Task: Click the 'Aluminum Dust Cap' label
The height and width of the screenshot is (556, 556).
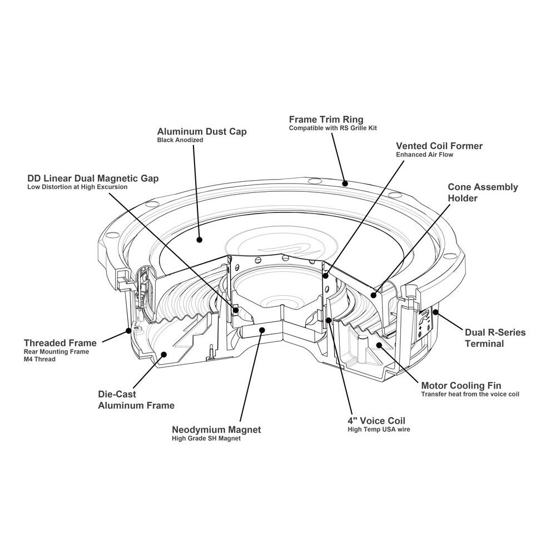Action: coord(202,132)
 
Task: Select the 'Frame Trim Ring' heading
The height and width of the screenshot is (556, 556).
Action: coord(326,120)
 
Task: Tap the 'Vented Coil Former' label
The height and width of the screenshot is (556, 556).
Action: coord(439,146)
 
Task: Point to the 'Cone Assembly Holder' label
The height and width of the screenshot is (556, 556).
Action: coord(483,192)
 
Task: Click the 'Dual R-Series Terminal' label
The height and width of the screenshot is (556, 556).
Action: coord(495,338)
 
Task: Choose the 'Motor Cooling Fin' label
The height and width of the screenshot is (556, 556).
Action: coord(461,385)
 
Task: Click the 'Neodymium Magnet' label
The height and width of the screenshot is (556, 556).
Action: coord(216,430)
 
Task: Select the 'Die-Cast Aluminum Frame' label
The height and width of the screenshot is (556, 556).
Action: coord(136,400)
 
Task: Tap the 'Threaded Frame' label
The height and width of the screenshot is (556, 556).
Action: coord(60,343)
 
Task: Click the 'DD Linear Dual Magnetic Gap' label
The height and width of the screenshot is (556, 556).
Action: coord(93,178)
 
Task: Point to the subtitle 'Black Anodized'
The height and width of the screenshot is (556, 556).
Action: coord(180,141)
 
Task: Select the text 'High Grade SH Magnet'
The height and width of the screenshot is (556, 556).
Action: coord(206,439)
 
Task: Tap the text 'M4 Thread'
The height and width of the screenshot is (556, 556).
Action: coord(39,359)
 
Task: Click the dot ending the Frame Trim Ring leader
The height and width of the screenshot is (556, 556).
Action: coord(345,182)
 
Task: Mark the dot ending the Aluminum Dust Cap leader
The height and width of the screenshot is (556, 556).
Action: coord(199,240)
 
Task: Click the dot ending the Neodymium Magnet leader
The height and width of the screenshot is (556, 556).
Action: coord(261,329)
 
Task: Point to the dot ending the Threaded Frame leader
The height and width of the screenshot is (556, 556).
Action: coord(129,330)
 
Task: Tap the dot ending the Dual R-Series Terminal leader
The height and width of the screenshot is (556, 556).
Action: coord(435,312)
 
